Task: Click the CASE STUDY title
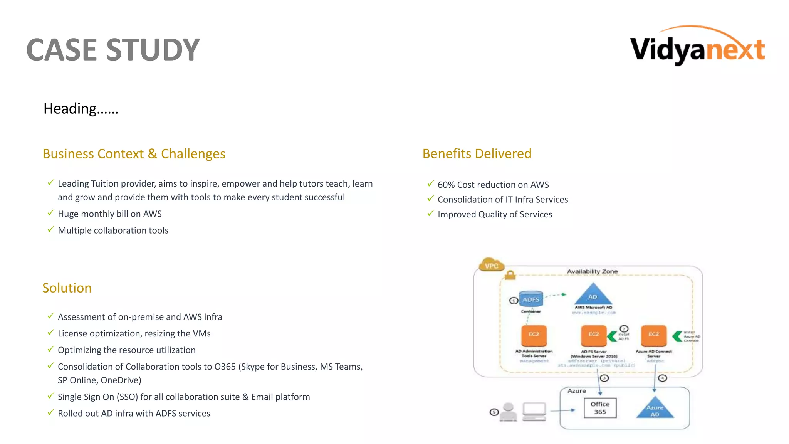tap(113, 50)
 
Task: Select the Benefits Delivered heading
tap(477, 153)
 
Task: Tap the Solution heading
tap(67, 288)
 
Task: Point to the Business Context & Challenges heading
tap(134, 154)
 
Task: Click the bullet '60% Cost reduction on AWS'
tap(493, 185)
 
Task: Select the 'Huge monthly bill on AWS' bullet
tap(110, 214)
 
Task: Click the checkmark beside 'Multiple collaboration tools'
tap(50, 230)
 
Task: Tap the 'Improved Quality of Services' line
tap(495, 214)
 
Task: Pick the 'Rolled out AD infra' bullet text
tap(134, 413)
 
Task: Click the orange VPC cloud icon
tap(491, 265)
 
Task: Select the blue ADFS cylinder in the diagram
tap(531, 299)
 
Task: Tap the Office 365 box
tap(600, 408)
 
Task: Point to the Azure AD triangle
tap(655, 409)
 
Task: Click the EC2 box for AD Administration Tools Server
tap(534, 335)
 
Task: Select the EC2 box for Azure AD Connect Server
tap(653, 335)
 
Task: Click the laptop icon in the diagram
tap(534, 411)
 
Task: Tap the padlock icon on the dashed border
tap(510, 275)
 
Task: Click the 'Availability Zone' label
tap(592, 271)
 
